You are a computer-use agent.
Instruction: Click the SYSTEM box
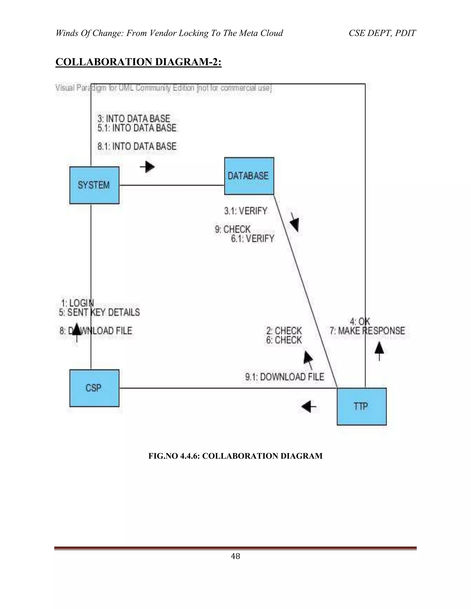94,185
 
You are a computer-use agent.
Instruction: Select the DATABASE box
249,176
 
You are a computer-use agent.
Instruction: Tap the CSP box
94,388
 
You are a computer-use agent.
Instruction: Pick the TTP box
361,406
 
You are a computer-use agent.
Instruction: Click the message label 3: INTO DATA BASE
134,119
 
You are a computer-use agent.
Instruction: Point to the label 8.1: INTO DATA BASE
137,146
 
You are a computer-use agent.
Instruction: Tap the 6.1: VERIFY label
253,239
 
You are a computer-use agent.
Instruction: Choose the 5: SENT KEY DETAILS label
99,312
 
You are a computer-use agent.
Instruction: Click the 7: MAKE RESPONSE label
367,331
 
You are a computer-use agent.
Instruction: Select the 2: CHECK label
284,331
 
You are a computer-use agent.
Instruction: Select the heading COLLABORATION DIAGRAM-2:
138,62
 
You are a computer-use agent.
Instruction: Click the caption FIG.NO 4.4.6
235,456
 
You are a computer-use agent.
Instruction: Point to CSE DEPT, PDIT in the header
382,33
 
